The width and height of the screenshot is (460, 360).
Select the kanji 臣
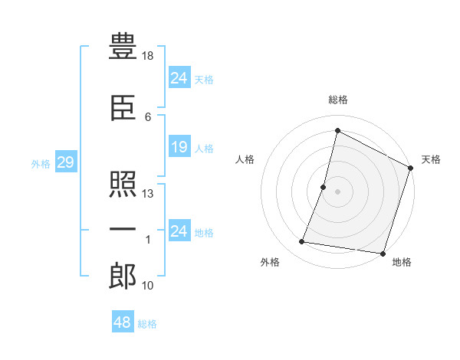pos(123,110)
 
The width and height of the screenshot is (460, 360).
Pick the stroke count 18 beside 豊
pos(149,55)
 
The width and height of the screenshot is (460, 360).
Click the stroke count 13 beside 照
pos(149,194)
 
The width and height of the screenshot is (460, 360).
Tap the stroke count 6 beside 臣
pos(148,116)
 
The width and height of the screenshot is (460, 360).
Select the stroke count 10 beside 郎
pos(149,286)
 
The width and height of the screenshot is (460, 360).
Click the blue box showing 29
pos(65,162)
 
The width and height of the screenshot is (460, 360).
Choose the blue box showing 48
pos(123,322)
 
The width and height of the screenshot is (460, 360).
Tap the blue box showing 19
pos(179,147)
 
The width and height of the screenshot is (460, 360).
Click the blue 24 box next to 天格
pos(179,77)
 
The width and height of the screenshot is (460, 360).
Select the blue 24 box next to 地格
pos(179,231)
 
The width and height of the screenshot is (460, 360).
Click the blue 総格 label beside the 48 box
pos(147,324)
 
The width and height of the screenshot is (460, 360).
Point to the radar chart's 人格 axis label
pos(245,159)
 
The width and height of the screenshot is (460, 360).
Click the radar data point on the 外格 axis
pos(302,242)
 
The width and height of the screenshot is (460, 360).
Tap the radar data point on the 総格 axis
pos(337,130)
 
